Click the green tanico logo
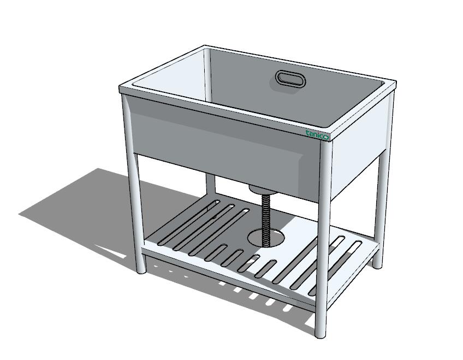pyautogui.click(x=317, y=135)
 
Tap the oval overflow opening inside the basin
pyautogui.click(x=290, y=79)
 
